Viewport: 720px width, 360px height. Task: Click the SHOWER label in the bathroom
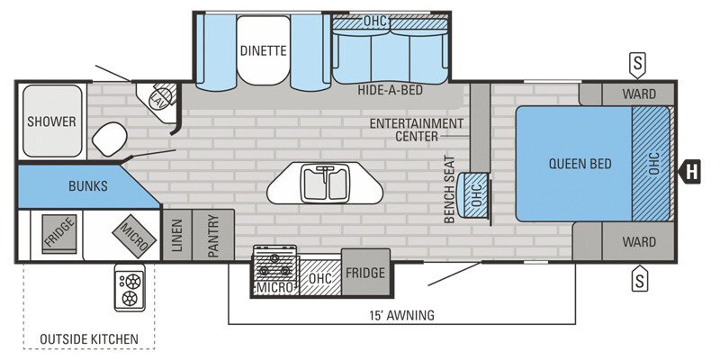pyautogui.click(x=51, y=121)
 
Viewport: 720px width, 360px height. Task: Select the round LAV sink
pyautogui.click(x=162, y=96)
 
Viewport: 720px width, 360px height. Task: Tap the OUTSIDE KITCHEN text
pyautogui.click(x=88, y=338)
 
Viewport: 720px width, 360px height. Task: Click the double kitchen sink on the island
pyautogui.click(x=325, y=184)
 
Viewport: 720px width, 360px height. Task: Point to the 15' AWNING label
pyautogui.click(x=401, y=314)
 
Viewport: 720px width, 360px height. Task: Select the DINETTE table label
pyautogui.click(x=263, y=51)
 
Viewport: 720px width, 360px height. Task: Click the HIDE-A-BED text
pyautogui.click(x=391, y=91)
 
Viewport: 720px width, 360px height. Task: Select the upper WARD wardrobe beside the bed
pyautogui.click(x=639, y=94)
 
